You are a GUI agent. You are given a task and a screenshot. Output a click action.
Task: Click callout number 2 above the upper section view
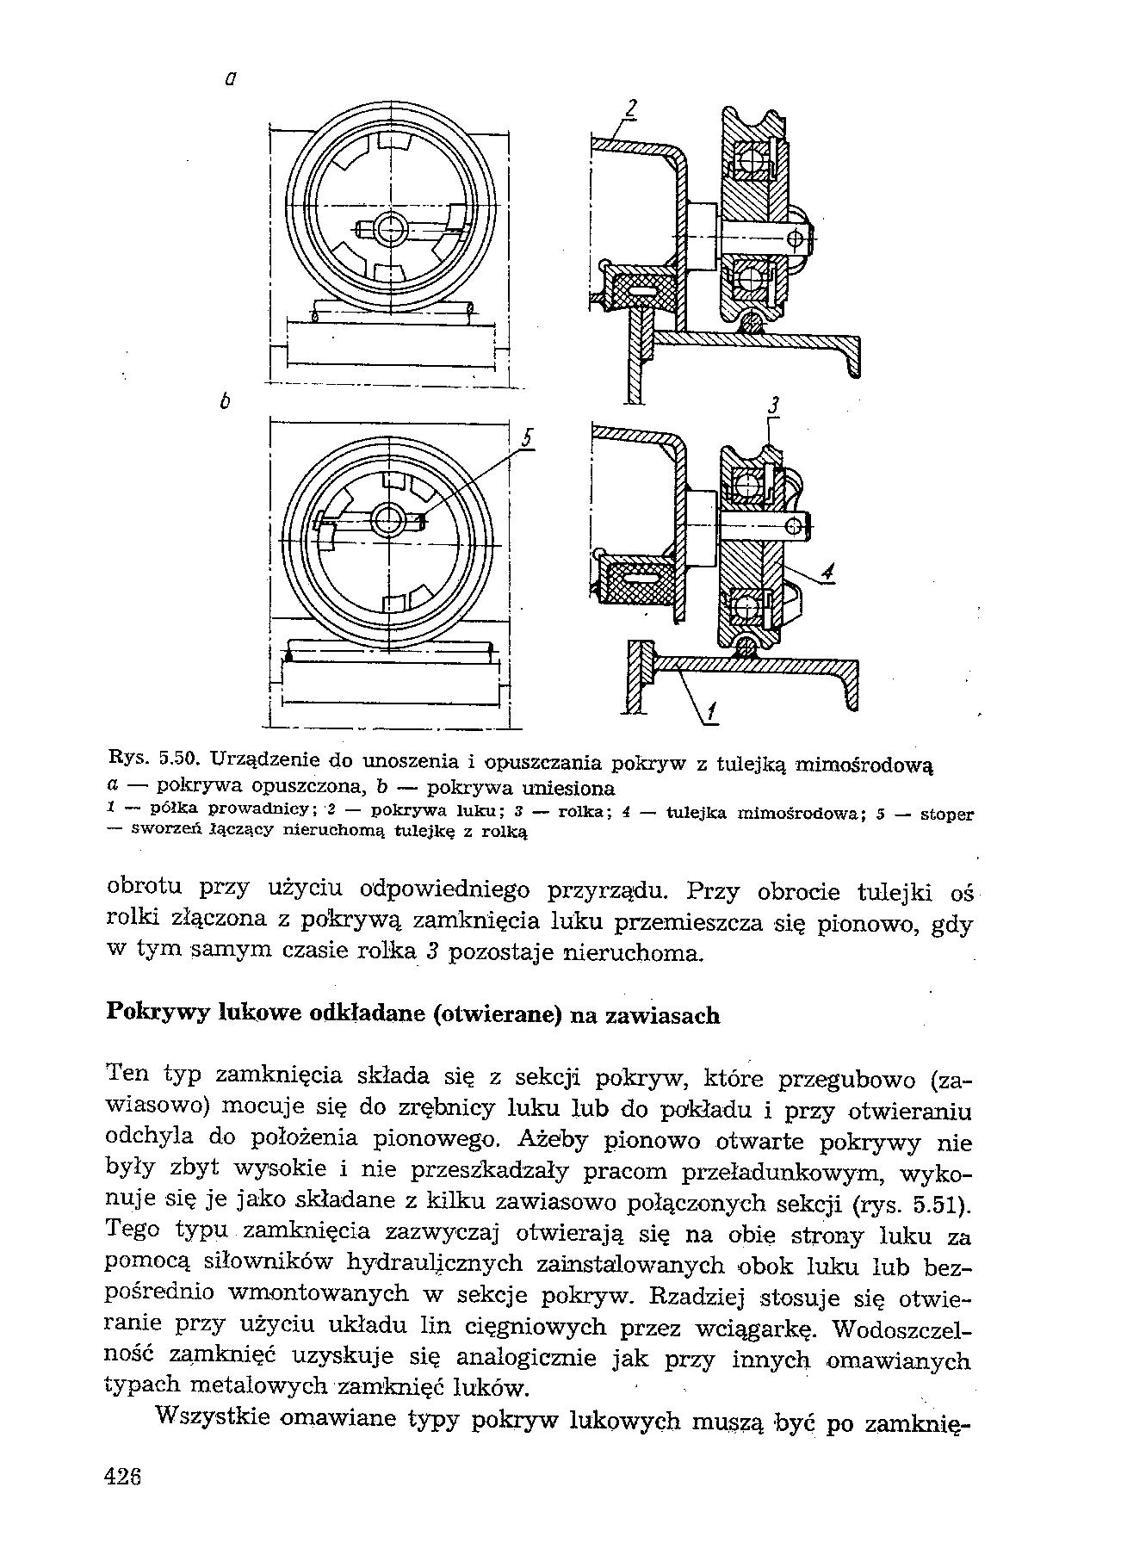(631, 110)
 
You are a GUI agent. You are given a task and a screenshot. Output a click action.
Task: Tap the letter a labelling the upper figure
(229, 79)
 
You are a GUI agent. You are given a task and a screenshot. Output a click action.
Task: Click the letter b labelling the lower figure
(225, 401)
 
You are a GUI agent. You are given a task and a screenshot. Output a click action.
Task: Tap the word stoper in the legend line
(947, 813)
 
